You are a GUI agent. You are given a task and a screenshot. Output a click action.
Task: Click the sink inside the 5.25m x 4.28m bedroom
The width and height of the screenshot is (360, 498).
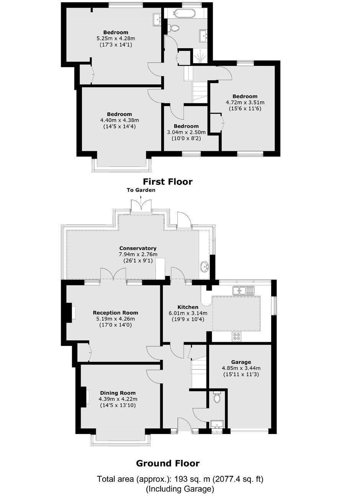(x=157, y=19)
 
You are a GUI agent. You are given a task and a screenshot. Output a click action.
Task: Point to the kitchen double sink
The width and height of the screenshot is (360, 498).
(x=243, y=291)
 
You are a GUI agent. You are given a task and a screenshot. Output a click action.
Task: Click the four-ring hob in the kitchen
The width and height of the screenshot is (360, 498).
(x=236, y=336)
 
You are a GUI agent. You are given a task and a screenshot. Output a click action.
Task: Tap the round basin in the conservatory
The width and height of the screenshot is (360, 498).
(x=205, y=266)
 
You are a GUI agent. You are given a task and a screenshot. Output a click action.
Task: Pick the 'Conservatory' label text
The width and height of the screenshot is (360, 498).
(x=138, y=248)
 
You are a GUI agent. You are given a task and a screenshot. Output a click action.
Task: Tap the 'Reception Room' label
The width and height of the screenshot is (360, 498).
(x=116, y=313)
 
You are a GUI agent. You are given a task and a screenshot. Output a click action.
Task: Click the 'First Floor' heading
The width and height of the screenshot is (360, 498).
(x=167, y=182)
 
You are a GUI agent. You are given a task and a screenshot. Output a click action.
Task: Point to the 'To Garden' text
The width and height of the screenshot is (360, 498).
(x=141, y=190)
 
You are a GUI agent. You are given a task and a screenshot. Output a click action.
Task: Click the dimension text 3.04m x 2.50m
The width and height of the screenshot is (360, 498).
(x=186, y=132)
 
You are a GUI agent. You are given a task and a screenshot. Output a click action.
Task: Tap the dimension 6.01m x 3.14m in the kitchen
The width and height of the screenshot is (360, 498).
(x=188, y=313)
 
